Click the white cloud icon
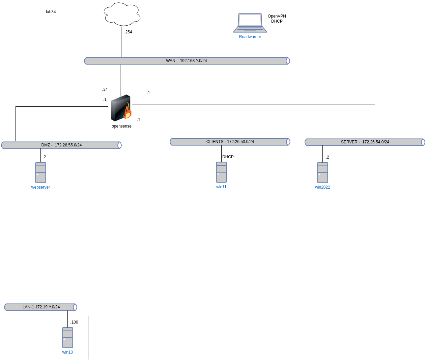coord(122,14)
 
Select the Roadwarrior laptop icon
coord(250,23)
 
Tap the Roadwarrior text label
coord(250,37)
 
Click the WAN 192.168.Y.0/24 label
coord(186,61)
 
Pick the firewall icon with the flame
coord(121,108)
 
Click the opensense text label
coord(121,126)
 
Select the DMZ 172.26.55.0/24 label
coord(61,145)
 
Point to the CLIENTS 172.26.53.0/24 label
coord(230,142)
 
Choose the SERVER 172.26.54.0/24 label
coord(365,142)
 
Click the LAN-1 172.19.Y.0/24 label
coord(41,307)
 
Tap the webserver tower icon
coord(40,172)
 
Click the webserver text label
coord(40,187)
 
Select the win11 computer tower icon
coord(221,172)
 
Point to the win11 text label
coord(221,187)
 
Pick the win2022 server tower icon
coord(322,172)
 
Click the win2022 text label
coord(322,187)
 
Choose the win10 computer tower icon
coord(67,337)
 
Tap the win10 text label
coord(67,352)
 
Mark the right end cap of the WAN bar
coord(288,61)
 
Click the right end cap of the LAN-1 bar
coord(75,307)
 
